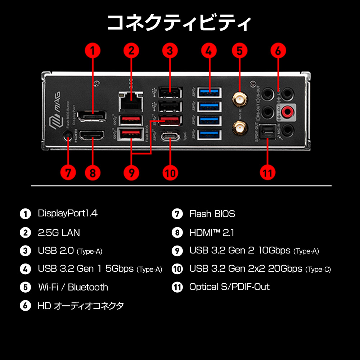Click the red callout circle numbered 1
point(93,51)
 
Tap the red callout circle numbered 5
point(239,51)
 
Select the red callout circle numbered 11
point(267,173)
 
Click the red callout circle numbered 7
point(68,173)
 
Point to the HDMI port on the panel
point(92,136)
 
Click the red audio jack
point(287,112)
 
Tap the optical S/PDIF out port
point(267,131)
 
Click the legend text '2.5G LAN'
point(59,233)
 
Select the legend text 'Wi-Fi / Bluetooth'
point(73,287)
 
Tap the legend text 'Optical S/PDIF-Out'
point(229,287)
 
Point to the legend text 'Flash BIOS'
point(212,214)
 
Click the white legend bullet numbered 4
point(25,269)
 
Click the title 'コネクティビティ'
point(180,23)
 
